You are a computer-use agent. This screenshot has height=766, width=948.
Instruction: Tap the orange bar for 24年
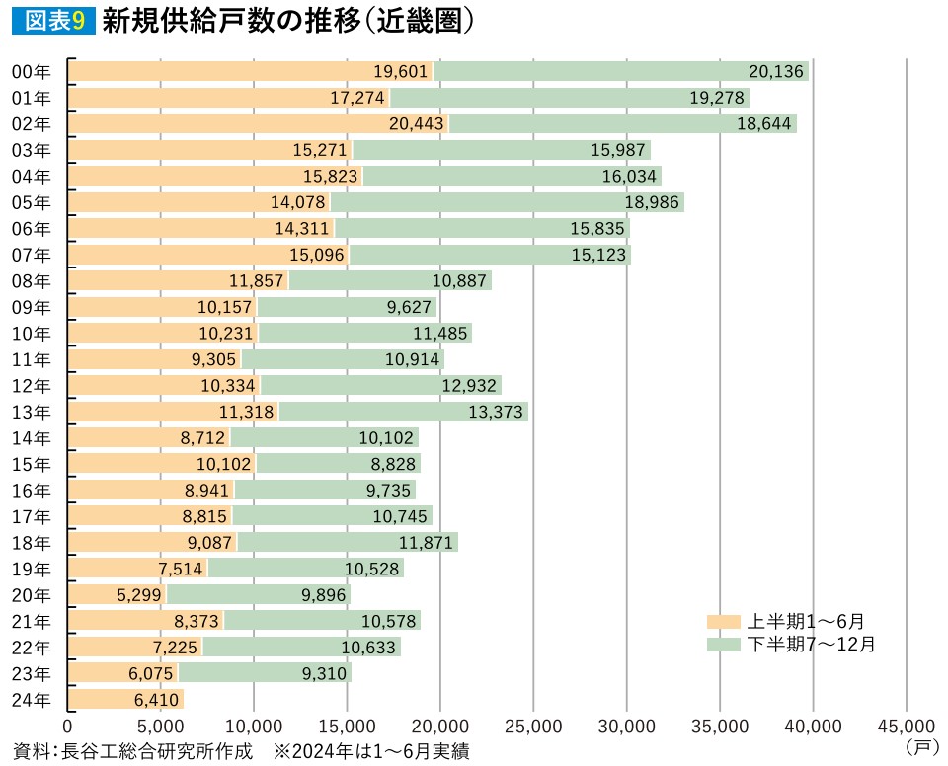(126, 700)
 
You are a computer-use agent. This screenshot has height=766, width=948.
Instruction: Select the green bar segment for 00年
(621, 71)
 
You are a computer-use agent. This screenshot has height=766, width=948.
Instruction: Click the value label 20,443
(418, 123)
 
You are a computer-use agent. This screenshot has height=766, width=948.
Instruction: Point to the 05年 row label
(31, 202)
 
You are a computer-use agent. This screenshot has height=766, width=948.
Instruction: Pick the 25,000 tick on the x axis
(533, 726)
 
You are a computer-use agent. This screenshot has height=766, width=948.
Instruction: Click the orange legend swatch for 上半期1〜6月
(724, 622)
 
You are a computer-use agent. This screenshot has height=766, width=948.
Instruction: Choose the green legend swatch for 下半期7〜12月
(724, 645)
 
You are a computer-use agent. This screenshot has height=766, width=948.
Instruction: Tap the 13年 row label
(31, 412)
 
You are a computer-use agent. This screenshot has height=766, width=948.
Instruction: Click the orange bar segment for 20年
(118, 595)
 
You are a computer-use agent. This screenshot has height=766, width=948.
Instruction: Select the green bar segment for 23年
(265, 673)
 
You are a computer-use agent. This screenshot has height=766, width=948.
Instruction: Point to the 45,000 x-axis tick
(906, 726)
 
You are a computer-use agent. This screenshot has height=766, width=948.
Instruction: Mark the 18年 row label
(31, 542)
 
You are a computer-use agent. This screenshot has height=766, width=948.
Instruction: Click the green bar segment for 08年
(390, 280)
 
